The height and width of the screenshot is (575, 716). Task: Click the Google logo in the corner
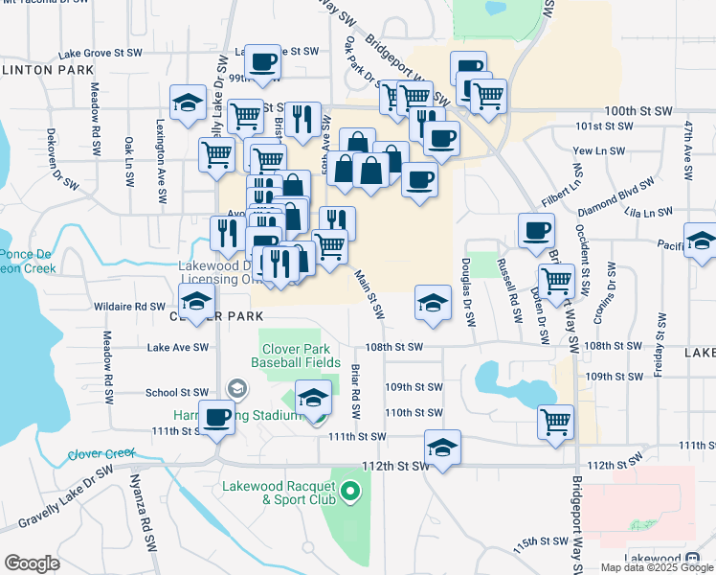(x=32, y=563)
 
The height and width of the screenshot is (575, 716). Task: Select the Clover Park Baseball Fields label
(x=296, y=356)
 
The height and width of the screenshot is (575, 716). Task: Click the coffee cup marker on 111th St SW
(x=217, y=419)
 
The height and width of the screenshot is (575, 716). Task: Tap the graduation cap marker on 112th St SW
(x=441, y=448)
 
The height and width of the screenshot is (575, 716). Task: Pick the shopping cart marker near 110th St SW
(x=555, y=422)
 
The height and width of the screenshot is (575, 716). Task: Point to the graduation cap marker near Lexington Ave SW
(x=188, y=102)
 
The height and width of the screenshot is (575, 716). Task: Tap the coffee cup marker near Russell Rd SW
(x=536, y=231)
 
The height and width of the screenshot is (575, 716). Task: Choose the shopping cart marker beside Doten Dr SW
(x=556, y=282)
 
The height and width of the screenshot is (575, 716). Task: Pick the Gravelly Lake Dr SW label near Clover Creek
(x=65, y=497)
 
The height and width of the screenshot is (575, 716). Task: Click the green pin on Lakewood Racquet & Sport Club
(x=350, y=494)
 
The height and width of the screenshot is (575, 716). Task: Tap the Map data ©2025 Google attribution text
(x=657, y=567)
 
